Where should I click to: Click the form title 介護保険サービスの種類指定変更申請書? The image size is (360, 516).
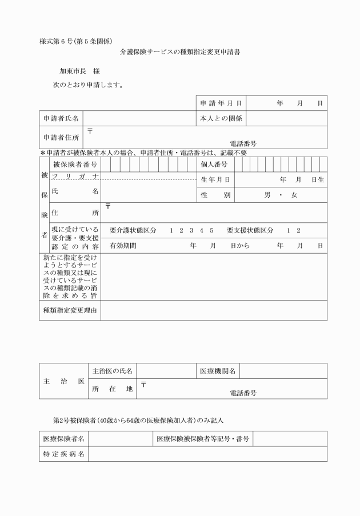pos(179,51)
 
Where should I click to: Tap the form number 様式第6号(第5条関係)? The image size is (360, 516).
pos(76,41)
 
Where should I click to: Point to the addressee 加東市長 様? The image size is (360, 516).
pos(80,71)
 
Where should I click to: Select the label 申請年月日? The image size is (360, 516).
pos(221,103)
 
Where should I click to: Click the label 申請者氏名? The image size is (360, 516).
pos(61,118)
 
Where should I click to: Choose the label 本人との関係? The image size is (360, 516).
pos(221,118)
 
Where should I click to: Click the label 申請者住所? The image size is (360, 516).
pos(61,137)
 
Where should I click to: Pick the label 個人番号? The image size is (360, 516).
pos(214,165)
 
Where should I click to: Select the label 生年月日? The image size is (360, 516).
pos(215,179)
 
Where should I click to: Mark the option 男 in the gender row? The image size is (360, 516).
pos(267,195)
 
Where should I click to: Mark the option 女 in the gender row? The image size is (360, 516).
pos(294,195)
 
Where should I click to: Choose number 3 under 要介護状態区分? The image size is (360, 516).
pos(191,230)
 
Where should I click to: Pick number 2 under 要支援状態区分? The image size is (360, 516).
pos(298,230)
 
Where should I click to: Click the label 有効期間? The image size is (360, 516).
pos(123,245)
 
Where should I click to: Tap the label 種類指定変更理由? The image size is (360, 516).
pos(70,310)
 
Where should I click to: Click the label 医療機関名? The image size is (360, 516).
pos(218,371)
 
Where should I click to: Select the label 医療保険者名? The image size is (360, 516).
pos(64,439)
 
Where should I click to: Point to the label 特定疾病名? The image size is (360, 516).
pos(64,454)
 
